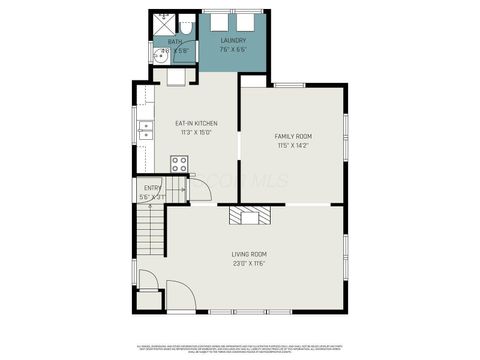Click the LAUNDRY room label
[234, 40]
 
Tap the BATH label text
[176, 41]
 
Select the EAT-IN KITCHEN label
[196, 124]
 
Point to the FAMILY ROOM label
[293, 136]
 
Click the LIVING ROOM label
[249, 254]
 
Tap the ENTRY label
[152, 187]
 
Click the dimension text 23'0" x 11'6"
[249, 264]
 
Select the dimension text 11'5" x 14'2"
[293, 146]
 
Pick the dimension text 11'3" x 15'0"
[196, 133]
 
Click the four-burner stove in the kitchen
[180, 164]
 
